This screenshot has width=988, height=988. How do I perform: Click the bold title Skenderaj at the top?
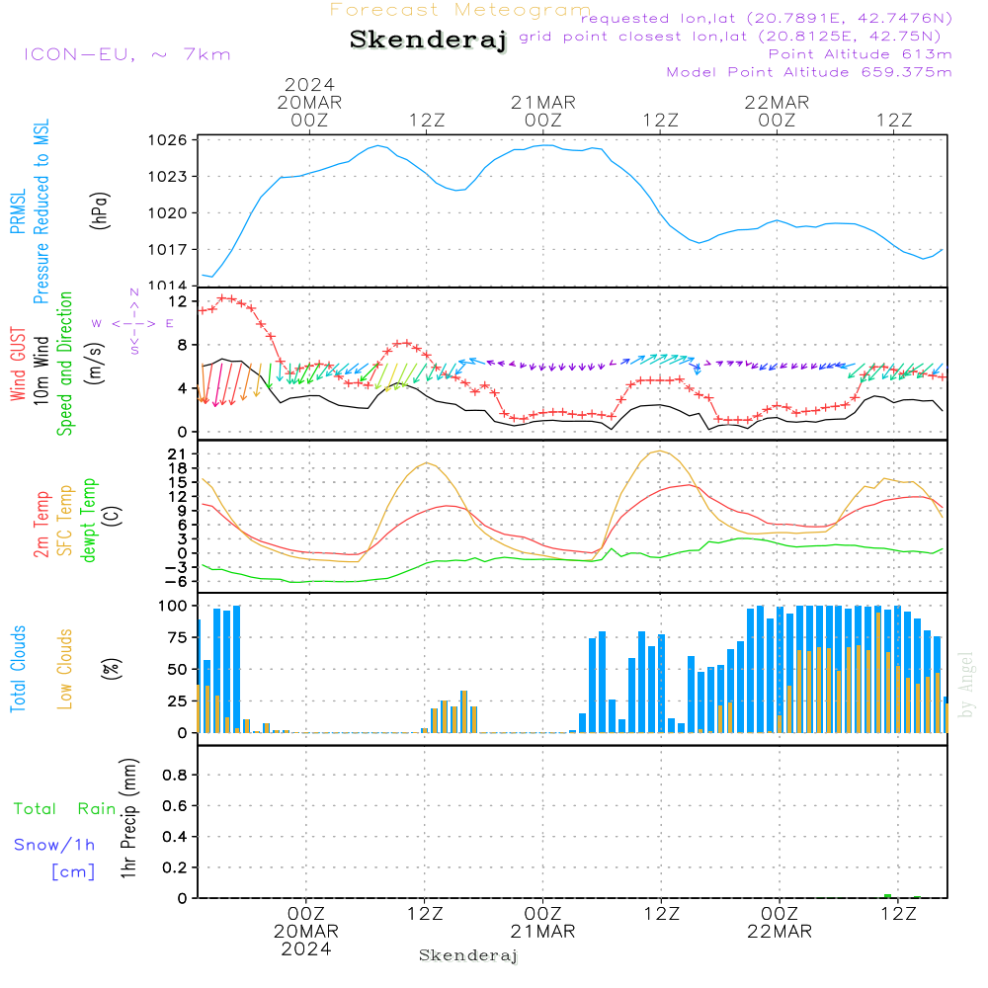(428, 41)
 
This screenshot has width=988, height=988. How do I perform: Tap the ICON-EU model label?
(126, 54)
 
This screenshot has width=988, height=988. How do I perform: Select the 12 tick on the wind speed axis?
(179, 300)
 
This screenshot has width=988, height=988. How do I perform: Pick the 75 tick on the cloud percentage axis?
(179, 638)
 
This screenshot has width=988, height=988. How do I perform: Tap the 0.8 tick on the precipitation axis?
(176, 776)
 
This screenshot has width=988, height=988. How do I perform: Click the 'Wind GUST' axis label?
(19, 367)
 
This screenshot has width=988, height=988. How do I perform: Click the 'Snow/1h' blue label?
(55, 845)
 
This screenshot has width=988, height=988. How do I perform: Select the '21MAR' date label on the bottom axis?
(542, 932)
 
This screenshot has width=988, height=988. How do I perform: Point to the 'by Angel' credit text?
(966, 685)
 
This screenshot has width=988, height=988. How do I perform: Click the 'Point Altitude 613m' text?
(860, 54)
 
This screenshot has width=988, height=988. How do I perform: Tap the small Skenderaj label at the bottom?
(468, 955)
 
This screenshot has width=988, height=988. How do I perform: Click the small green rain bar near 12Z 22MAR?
(887, 895)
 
